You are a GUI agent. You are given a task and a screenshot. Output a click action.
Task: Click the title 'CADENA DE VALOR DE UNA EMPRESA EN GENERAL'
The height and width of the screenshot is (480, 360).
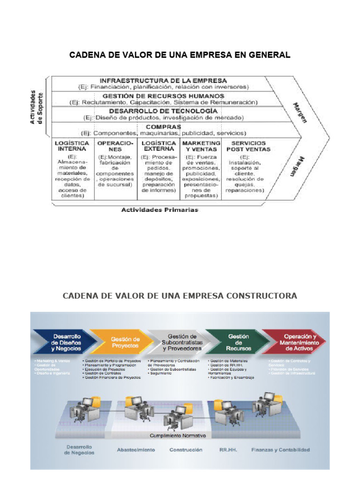[x=180, y=55]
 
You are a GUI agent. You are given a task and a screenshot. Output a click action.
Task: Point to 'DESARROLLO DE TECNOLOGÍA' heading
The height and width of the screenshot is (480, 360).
[x=164, y=111]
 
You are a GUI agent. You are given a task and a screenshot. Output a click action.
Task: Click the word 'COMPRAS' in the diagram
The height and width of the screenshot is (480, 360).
[x=164, y=127]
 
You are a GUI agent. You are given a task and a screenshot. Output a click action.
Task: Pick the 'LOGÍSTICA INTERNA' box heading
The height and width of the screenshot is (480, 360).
[x=73, y=146]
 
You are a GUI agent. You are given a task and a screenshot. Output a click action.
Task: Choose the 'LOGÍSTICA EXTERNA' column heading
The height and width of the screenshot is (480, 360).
[x=159, y=146]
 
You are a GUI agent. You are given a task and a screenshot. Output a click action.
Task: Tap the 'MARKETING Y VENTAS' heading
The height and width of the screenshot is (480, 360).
[x=201, y=146]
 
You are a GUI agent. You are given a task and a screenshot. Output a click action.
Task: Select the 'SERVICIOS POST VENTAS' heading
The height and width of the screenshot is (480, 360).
[x=248, y=146]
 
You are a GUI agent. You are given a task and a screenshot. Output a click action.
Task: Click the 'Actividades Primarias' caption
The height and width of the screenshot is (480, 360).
[x=160, y=210]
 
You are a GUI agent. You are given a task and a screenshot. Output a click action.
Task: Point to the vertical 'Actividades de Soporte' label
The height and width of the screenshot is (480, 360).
[x=36, y=107]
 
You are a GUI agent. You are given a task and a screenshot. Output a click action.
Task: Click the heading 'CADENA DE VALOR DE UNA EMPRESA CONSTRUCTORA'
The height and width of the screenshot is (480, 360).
[x=180, y=296]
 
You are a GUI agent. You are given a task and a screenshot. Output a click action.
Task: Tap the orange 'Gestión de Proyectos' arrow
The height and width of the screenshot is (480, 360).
[x=125, y=342]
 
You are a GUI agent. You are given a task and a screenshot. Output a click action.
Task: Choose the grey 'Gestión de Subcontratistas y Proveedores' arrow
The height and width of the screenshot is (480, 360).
[x=182, y=343]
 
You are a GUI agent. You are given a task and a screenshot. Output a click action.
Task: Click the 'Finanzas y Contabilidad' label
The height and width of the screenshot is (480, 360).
[x=280, y=450]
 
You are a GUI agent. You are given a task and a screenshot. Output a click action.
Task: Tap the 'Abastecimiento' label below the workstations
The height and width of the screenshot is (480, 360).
[x=136, y=450]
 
